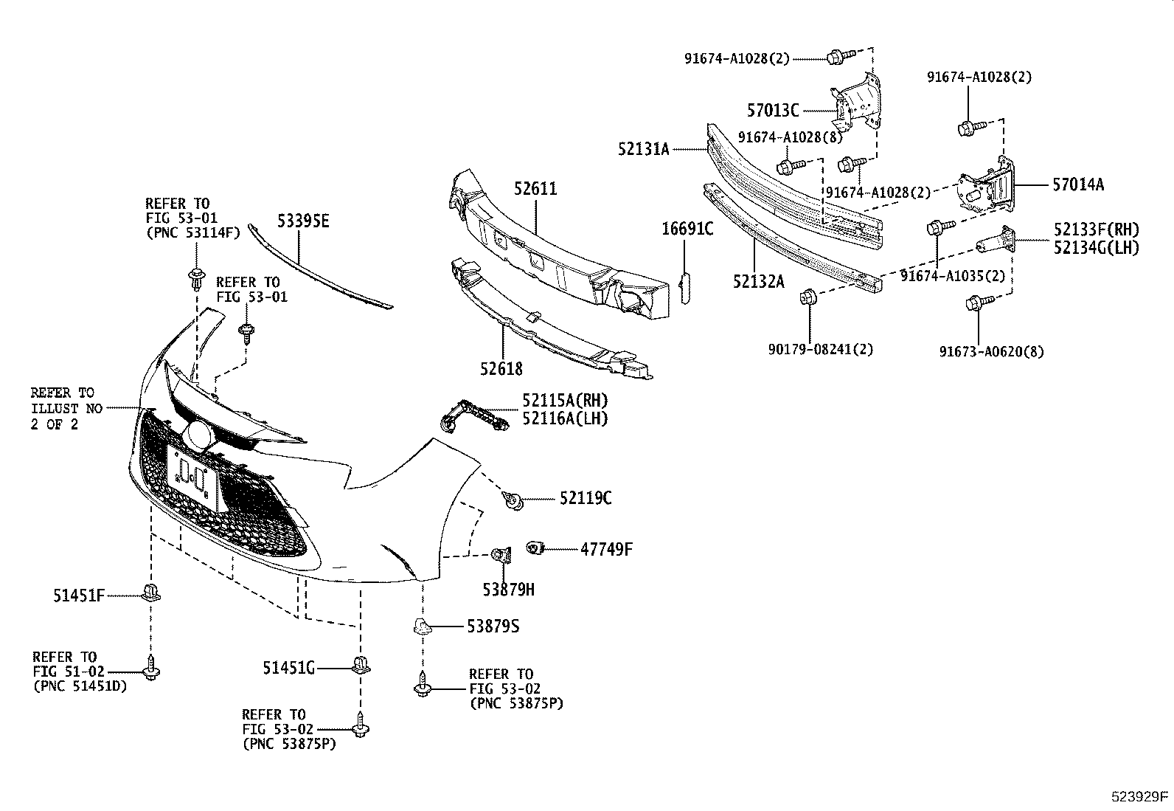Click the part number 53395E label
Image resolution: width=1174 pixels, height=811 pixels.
303,220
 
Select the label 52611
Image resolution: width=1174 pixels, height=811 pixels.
535,189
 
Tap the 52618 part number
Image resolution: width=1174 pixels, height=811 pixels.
501,368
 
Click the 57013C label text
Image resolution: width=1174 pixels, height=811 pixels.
773,111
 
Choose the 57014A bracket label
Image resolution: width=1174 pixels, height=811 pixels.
1077,184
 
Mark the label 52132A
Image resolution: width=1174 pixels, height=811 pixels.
758,280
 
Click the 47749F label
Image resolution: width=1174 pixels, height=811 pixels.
606,549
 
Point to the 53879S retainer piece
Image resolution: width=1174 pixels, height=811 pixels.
420,627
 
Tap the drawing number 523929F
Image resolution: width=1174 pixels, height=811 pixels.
1139,796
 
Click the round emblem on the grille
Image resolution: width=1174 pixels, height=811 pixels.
198,435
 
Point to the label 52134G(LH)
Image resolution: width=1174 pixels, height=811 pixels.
1095,247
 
